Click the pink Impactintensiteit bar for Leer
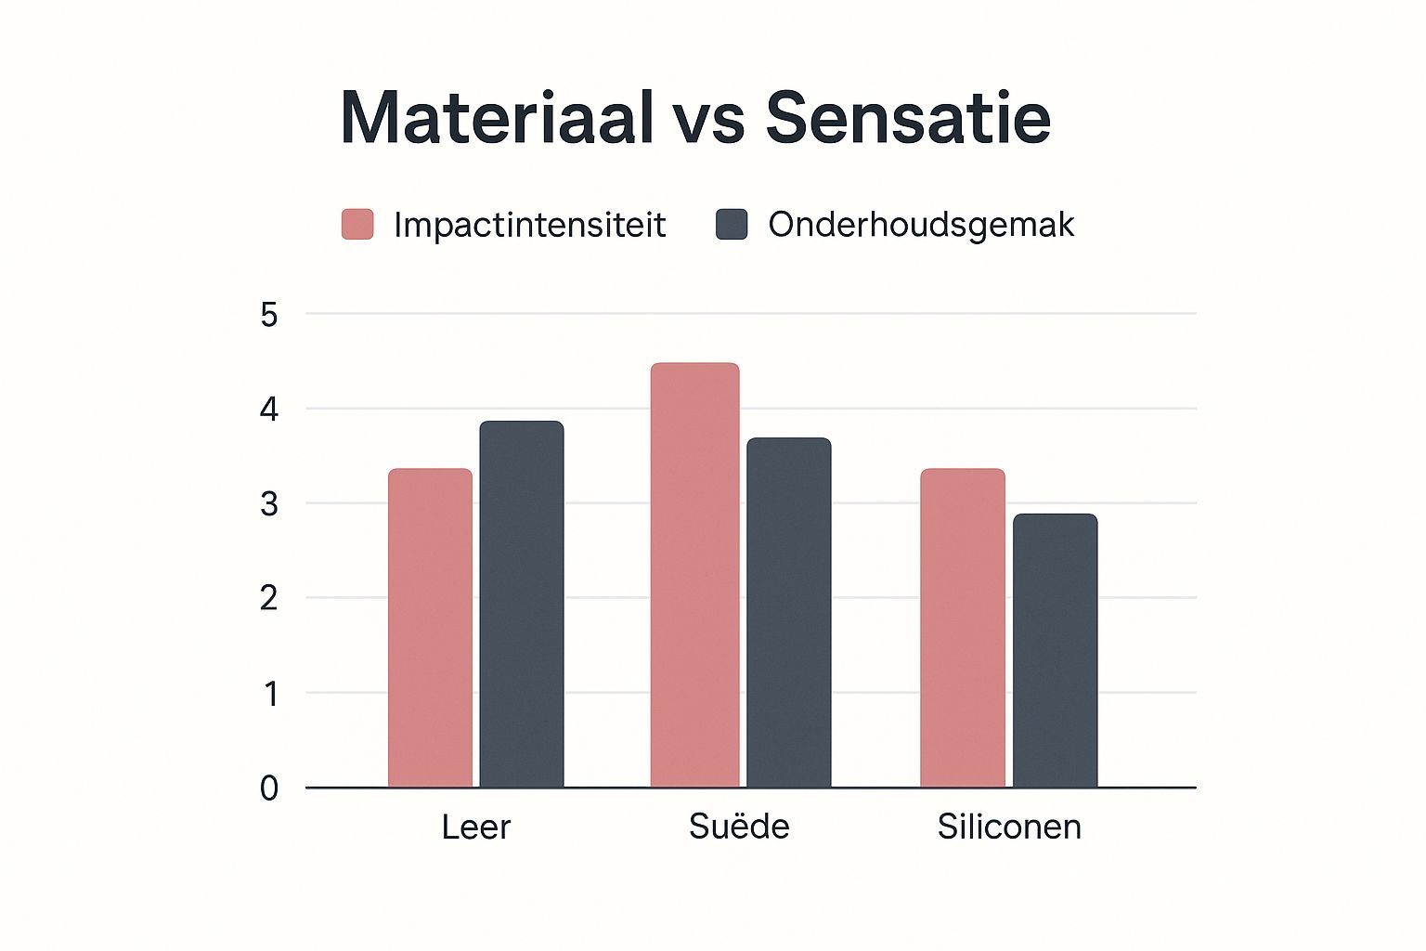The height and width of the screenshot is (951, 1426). [x=430, y=628]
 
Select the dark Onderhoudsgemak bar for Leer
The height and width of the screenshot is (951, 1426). [x=522, y=604]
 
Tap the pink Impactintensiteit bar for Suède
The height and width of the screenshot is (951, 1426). [x=694, y=575]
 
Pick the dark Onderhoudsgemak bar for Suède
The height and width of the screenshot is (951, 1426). [x=789, y=612]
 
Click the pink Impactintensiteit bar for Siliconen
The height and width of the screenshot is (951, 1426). [x=963, y=628]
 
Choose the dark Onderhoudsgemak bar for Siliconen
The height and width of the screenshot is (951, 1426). [x=1055, y=650]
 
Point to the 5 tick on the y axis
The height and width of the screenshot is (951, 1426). [x=269, y=316]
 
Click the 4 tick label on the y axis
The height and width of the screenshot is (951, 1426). [x=269, y=410]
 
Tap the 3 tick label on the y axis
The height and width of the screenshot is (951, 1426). [x=269, y=504]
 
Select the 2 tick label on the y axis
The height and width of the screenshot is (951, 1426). [x=269, y=599]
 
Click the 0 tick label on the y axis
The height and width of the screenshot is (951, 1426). [x=269, y=788]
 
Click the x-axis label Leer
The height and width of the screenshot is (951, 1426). [x=475, y=827]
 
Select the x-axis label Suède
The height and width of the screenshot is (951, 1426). [x=739, y=826]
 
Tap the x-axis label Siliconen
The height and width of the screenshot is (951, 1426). [x=1009, y=827]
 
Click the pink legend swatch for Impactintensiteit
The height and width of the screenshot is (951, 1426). [x=357, y=225]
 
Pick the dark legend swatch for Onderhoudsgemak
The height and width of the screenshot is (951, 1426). [x=732, y=225]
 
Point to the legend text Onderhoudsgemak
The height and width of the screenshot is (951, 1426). [x=921, y=225]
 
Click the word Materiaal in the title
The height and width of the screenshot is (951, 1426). [x=497, y=118]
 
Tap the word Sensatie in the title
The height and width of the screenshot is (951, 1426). [x=908, y=118]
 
